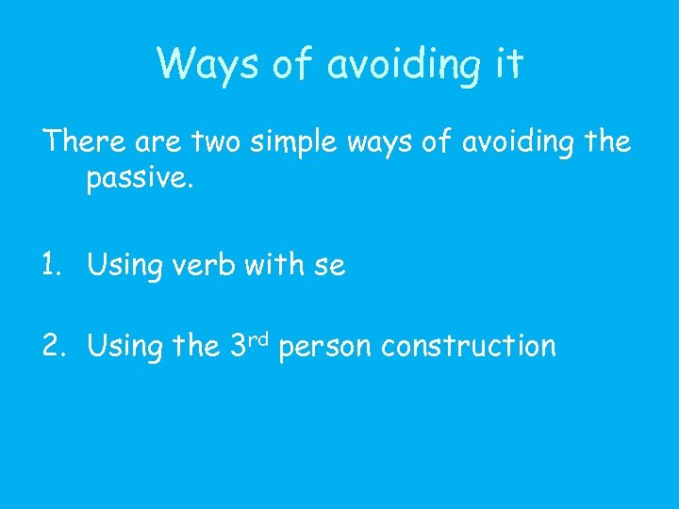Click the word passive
[140, 179]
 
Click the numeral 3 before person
[239, 347]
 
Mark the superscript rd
[260, 337]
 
